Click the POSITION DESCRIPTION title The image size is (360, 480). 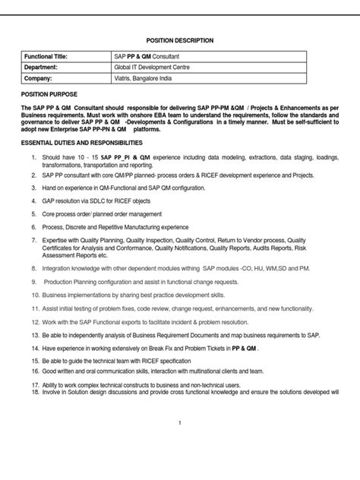tap(179, 40)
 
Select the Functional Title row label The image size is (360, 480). tap(47, 56)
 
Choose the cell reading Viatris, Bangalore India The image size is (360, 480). tap(145, 77)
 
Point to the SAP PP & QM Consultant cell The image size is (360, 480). tap(144, 56)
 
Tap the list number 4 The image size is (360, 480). tap(33, 201)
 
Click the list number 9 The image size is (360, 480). tap(33, 280)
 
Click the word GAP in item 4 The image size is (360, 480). tap(49, 201)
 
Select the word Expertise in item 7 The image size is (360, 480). tap(58, 240)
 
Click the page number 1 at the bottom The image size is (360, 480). tap(179, 422)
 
